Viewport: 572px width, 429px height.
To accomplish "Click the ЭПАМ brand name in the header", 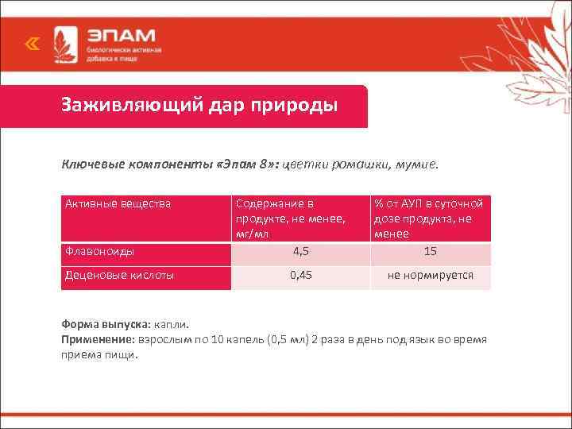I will tap(122, 37).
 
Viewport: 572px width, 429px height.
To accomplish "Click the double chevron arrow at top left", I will tap(32, 45).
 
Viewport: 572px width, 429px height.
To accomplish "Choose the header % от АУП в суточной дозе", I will tap(430, 218).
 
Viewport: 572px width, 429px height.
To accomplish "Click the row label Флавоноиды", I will tap(99, 252).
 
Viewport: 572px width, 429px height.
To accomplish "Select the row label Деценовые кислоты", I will tap(119, 276).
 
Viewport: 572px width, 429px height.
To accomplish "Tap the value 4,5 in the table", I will tap(300, 252).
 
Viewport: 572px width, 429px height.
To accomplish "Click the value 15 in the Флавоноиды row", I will tap(430, 252).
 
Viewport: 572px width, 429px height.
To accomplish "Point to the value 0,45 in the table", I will tap(300, 276).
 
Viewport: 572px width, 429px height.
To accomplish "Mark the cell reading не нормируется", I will tap(430, 276).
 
